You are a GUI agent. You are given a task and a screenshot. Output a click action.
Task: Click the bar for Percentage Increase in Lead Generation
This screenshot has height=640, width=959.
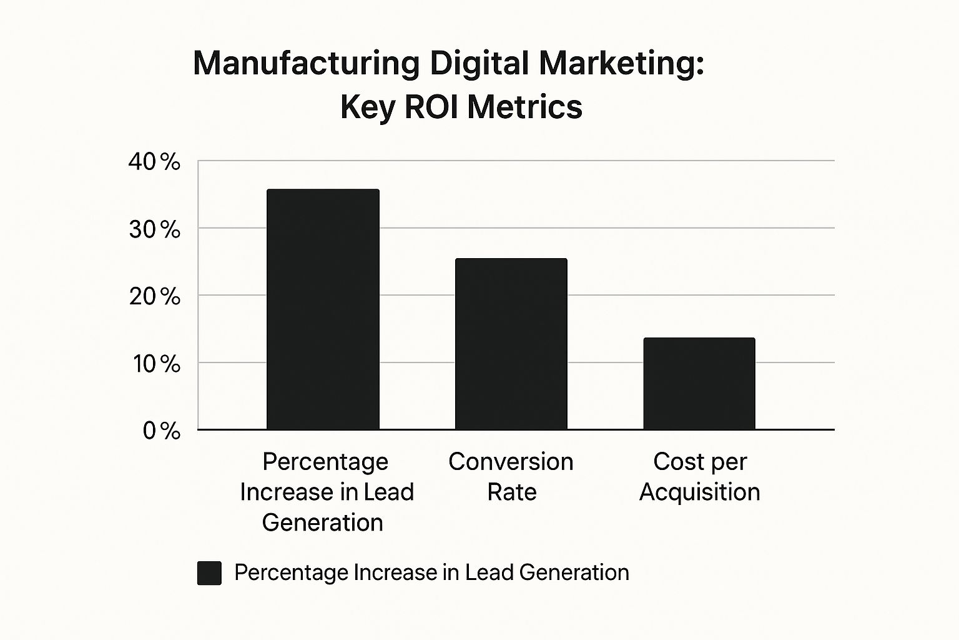pyautogui.click(x=323, y=309)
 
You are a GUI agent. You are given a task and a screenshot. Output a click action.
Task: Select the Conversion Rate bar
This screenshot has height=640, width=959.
pyautogui.click(x=511, y=344)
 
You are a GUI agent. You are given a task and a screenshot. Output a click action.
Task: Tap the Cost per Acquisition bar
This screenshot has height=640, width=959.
pyautogui.click(x=699, y=383)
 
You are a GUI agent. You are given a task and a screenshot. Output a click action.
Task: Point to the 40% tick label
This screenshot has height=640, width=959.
pyautogui.click(x=154, y=162)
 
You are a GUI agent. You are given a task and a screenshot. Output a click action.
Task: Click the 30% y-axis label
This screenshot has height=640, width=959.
pyautogui.click(x=154, y=229)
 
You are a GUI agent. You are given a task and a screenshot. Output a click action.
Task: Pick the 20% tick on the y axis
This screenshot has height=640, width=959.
pyautogui.click(x=154, y=296)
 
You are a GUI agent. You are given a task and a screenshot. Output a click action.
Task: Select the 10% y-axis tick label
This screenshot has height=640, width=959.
pyautogui.click(x=155, y=364)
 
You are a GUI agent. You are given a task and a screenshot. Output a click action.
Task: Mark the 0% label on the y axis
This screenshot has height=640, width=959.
pyautogui.click(x=161, y=431)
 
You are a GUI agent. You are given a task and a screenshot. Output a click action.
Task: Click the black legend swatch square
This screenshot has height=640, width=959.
pyautogui.click(x=209, y=572)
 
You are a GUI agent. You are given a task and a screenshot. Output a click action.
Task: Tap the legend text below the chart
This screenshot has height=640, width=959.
pyautogui.click(x=431, y=572)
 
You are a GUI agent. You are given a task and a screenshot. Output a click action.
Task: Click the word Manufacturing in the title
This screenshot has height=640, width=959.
pyautogui.click(x=306, y=64)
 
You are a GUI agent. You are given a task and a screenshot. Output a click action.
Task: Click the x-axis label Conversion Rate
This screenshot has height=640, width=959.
pyautogui.click(x=511, y=476)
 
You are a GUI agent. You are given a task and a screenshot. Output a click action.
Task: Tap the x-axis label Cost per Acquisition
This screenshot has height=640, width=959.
pyautogui.click(x=700, y=476)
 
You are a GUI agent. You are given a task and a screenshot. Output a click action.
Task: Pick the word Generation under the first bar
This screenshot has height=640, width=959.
pyautogui.click(x=323, y=522)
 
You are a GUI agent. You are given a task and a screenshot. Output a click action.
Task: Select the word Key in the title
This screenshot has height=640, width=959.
pyautogui.click(x=367, y=107)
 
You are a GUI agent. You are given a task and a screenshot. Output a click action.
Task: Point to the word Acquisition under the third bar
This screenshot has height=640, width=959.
pyautogui.click(x=700, y=492)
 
